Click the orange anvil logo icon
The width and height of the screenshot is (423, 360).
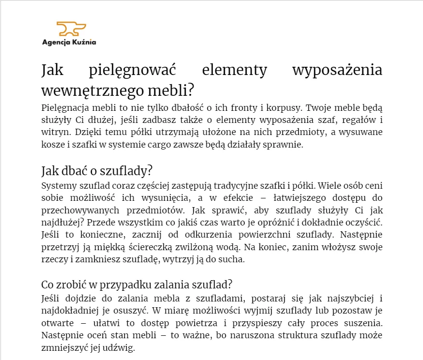[x=71, y=29]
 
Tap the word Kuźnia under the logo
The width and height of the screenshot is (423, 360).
[x=84, y=42]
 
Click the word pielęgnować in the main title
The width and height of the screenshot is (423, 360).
[x=133, y=70]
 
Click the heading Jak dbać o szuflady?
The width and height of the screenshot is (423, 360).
[x=97, y=171]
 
